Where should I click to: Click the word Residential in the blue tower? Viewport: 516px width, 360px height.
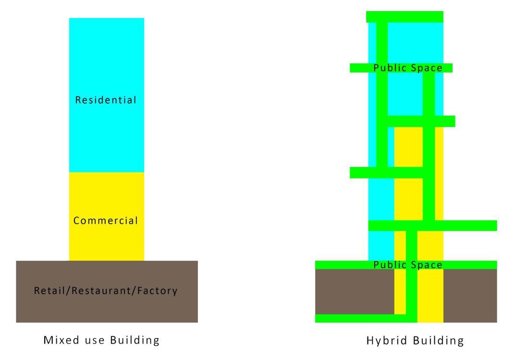pyautogui.click(x=106, y=100)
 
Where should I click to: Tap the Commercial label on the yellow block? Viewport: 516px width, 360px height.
pyautogui.click(x=106, y=221)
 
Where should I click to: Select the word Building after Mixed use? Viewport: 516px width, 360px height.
pyautogui.click(x=135, y=340)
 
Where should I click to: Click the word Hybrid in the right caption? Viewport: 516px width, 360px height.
pyautogui.click(x=385, y=341)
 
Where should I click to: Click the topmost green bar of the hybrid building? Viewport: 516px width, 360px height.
pyautogui.click(x=405, y=17)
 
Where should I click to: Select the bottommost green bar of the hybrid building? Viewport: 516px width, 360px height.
pyautogui.click(x=365, y=318)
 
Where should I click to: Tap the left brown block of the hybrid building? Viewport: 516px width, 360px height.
pyautogui.click(x=354, y=291)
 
